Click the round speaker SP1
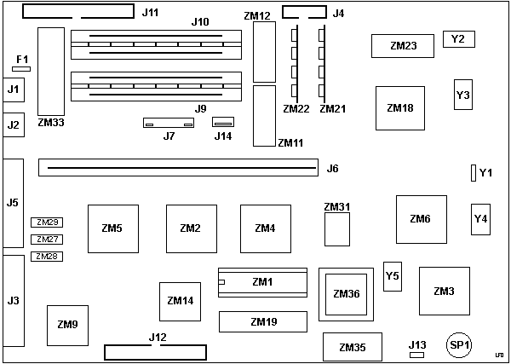click(458, 344)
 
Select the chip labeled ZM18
click(400, 107)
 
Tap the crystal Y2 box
click(458, 39)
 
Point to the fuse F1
click(21, 68)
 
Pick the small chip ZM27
click(48, 240)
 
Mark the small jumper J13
click(416, 353)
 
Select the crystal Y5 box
click(393, 276)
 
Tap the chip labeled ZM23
click(402, 46)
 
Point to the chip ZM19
click(263, 321)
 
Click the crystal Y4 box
click(481, 219)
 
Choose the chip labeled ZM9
click(68, 324)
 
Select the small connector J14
click(223, 124)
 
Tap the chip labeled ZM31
click(338, 228)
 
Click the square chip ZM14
click(181, 301)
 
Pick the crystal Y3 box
click(462, 95)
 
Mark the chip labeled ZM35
click(353, 347)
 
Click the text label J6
click(333, 169)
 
